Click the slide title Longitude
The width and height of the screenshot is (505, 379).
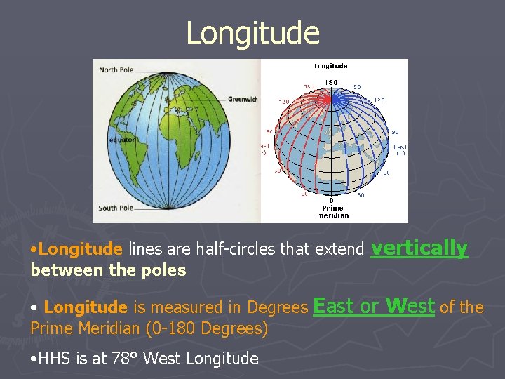click(x=252, y=32)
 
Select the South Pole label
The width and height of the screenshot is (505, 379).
click(x=117, y=208)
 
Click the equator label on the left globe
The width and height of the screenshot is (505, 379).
click(x=112, y=140)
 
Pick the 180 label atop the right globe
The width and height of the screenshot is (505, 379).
click(x=330, y=82)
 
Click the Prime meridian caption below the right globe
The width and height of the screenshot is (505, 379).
click(x=332, y=211)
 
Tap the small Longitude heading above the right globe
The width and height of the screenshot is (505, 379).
click(x=330, y=66)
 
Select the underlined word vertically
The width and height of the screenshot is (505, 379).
click(x=419, y=248)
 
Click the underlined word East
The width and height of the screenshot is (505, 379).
click(x=334, y=306)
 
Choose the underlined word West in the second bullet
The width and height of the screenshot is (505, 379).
click(x=410, y=306)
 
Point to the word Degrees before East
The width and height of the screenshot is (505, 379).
click(x=276, y=307)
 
